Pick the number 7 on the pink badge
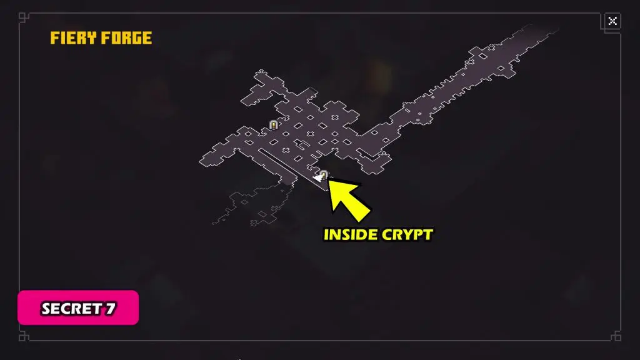[x=111, y=309]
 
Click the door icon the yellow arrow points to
[x=324, y=175]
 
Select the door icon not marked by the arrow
[x=273, y=125]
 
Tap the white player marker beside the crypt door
[x=317, y=179]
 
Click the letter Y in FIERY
[x=92, y=38]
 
